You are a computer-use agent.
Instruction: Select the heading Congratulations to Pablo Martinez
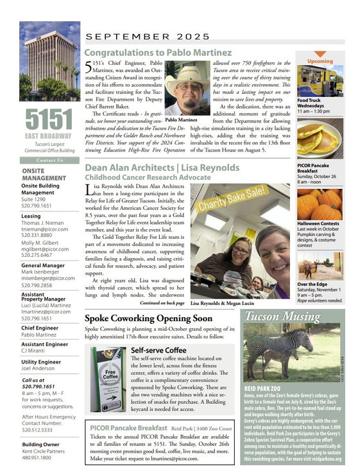tap(158, 51)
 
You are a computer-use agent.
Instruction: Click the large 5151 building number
tap(50, 120)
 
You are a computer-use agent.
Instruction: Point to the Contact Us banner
tap(50, 160)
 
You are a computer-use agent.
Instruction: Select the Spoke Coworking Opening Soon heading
tap(148, 318)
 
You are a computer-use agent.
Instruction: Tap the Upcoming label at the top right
tap(320, 62)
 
